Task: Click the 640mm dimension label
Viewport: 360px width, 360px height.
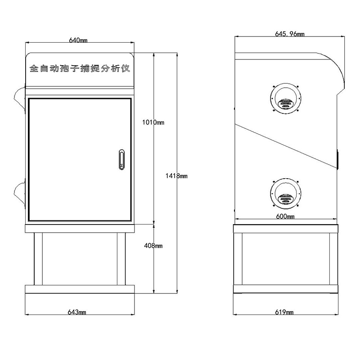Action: [x=78, y=40]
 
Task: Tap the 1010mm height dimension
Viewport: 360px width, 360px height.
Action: [x=153, y=122]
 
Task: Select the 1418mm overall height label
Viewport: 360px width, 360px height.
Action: [x=176, y=176]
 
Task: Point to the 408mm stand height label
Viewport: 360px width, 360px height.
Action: [x=153, y=246]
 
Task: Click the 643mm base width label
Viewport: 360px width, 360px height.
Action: [x=77, y=312]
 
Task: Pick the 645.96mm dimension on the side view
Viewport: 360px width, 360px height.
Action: [x=290, y=34]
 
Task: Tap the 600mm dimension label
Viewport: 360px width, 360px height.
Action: [x=285, y=216]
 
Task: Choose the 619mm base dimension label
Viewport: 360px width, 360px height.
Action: [x=284, y=312]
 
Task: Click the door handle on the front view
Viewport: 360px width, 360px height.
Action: [x=121, y=160]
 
